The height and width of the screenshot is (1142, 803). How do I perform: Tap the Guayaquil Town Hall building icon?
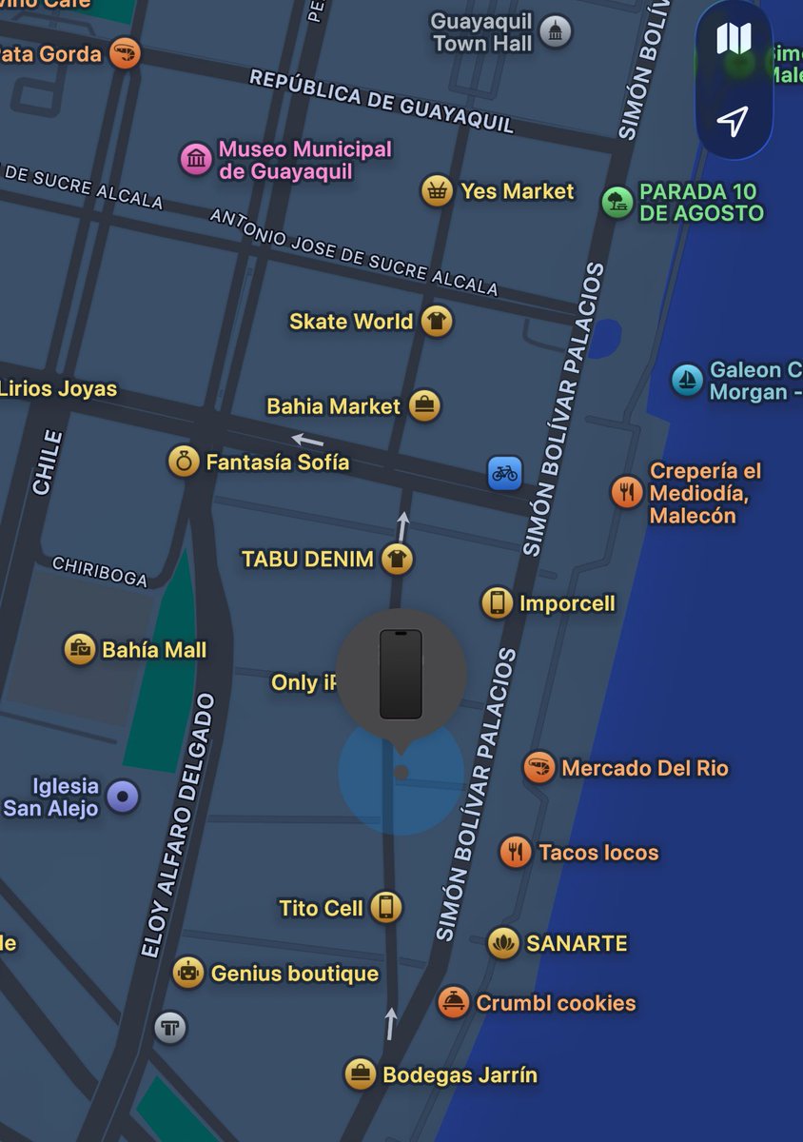(x=556, y=31)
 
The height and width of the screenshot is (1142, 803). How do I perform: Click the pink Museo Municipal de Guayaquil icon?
(x=196, y=159)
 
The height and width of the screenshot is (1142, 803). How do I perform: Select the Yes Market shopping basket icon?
(x=437, y=191)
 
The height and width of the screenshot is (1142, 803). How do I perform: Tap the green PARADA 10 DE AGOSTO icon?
(x=617, y=202)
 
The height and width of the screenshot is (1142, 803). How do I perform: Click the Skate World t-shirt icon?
(x=437, y=322)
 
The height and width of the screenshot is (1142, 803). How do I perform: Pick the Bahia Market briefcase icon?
(x=424, y=406)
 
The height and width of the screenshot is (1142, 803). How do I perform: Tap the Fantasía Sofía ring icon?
(x=183, y=463)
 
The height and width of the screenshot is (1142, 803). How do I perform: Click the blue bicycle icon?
(x=504, y=472)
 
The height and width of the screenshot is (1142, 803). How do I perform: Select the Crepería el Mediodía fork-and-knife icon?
(x=626, y=492)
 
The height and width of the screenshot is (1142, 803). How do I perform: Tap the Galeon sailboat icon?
(x=686, y=380)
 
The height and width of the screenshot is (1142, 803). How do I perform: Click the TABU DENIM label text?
(x=307, y=559)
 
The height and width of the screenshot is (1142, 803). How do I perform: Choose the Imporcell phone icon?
(x=497, y=603)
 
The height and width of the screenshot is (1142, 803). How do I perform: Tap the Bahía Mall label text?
(x=154, y=651)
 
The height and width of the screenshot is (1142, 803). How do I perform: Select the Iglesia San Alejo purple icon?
(x=123, y=797)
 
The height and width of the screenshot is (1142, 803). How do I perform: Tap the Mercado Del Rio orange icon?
(x=539, y=768)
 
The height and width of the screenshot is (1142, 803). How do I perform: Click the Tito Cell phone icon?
(x=385, y=908)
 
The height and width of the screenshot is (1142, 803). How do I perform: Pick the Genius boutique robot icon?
(x=188, y=973)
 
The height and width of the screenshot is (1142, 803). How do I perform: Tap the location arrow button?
(x=733, y=120)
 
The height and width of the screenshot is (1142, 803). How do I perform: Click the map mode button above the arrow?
(x=733, y=39)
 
